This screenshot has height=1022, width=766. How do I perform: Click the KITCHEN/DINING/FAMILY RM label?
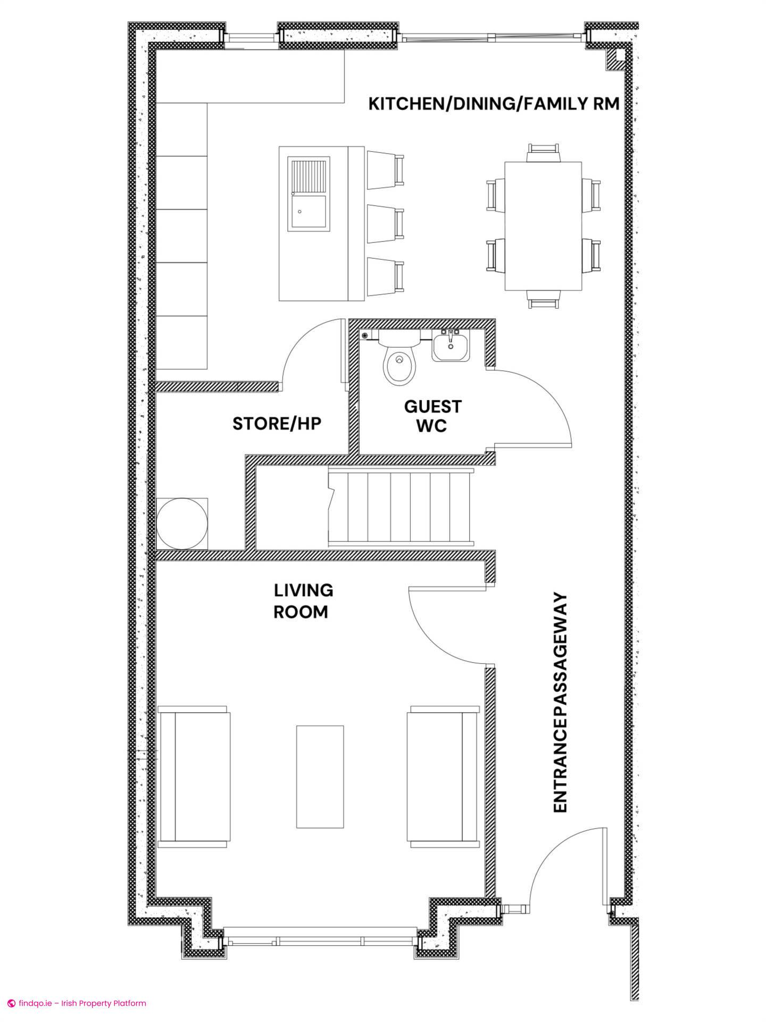pyautogui.click(x=494, y=103)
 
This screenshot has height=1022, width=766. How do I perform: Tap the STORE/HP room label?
pyautogui.click(x=277, y=424)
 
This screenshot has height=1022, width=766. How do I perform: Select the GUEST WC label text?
pyautogui.click(x=432, y=416)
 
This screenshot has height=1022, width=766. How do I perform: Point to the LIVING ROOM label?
pyautogui.click(x=303, y=601)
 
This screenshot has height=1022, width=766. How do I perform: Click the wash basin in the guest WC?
pyautogui.click(x=451, y=346)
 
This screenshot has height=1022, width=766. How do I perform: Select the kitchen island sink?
pyautogui.click(x=309, y=194)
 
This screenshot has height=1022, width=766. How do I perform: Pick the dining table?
pyautogui.click(x=543, y=226)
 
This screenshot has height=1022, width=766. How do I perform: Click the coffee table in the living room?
pyautogui.click(x=320, y=784)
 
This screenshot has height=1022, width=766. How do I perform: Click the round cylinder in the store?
pyautogui.click(x=182, y=524)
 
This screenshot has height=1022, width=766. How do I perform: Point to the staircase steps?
pyautogui.click(x=401, y=507)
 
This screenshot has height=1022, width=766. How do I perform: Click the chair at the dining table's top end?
pyautogui.click(x=543, y=153)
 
